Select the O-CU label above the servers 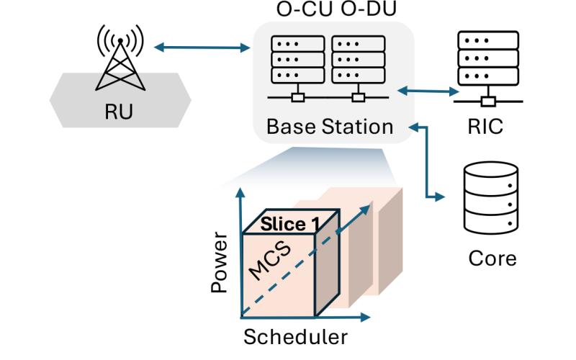pos(301,11)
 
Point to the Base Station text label pos(329,127)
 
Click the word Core pos(492,257)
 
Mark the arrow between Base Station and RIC pos(429,91)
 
